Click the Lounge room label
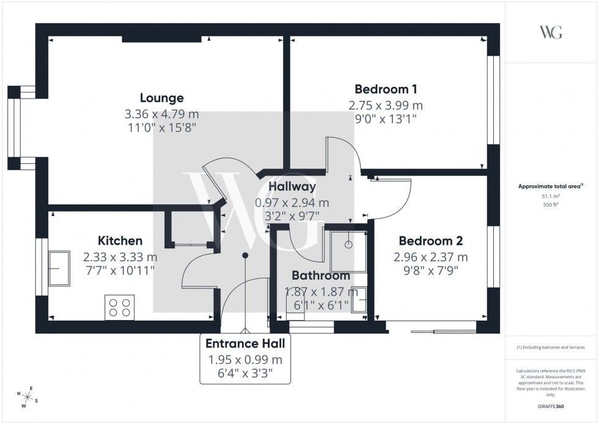tap(161, 98)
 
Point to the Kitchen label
tap(120, 241)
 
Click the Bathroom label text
tap(320, 276)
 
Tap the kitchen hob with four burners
tap(120, 307)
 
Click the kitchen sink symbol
tap(59, 267)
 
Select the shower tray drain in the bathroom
tap(348, 244)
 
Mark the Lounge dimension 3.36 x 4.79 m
tap(161, 114)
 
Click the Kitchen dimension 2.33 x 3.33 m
tap(120, 258)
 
